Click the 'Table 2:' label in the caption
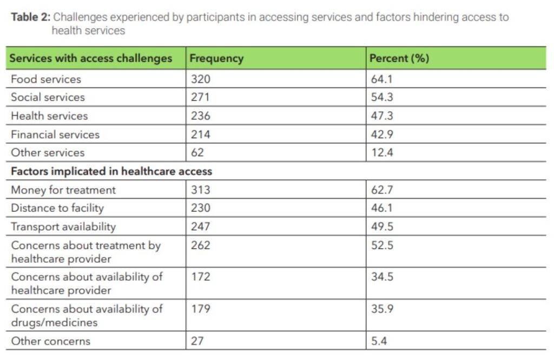click(x=31, y=17)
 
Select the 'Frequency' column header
click(x=216, y=58)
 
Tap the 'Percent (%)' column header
click(x=399, y=58)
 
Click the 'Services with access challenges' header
click(x=91, y=58)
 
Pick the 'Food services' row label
click(x=46, y=79)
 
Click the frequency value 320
click(x=200, y=79)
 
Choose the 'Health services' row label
click(x=49, y=116)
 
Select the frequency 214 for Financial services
click(x=200, y=134)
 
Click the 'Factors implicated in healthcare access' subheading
click(x=111, y=171)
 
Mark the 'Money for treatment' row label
click(x=63, y=190)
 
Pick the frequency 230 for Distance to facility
click(x=200, y=208)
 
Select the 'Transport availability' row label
click(x=63, y=226)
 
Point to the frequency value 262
click(x=200, y=245)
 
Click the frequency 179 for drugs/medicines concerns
click(x=200, y=309)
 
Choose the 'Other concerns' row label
click(x=51, y=341)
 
